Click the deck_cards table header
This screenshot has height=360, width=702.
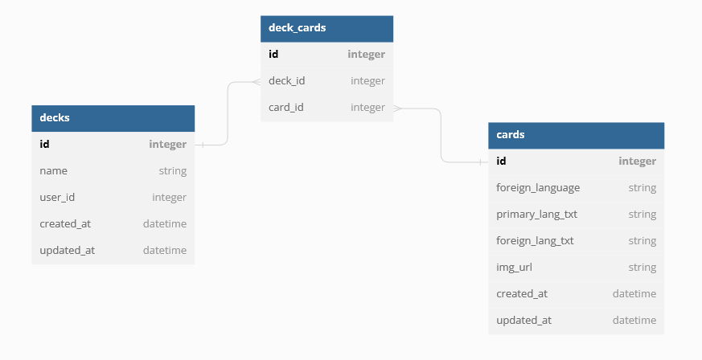326,28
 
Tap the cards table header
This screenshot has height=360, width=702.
576,135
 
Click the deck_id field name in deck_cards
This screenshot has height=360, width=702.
286,81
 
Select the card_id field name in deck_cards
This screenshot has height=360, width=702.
285,108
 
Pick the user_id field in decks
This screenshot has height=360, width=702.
57,197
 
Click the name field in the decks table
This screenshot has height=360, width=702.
53,171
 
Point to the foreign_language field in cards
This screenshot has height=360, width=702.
538,188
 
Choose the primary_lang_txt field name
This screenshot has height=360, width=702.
536,215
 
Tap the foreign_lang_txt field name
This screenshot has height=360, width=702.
535,241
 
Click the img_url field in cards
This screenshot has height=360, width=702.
514,268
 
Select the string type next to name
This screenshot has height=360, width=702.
172,171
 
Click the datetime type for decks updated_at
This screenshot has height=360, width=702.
164,250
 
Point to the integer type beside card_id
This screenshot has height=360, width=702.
367,108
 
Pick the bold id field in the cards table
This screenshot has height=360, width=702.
501,162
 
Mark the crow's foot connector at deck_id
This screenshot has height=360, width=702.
256,81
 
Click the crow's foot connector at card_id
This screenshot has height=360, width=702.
398,108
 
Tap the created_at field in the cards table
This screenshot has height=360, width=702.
522,294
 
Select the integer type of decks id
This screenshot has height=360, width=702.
167,145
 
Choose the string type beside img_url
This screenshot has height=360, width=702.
642,268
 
